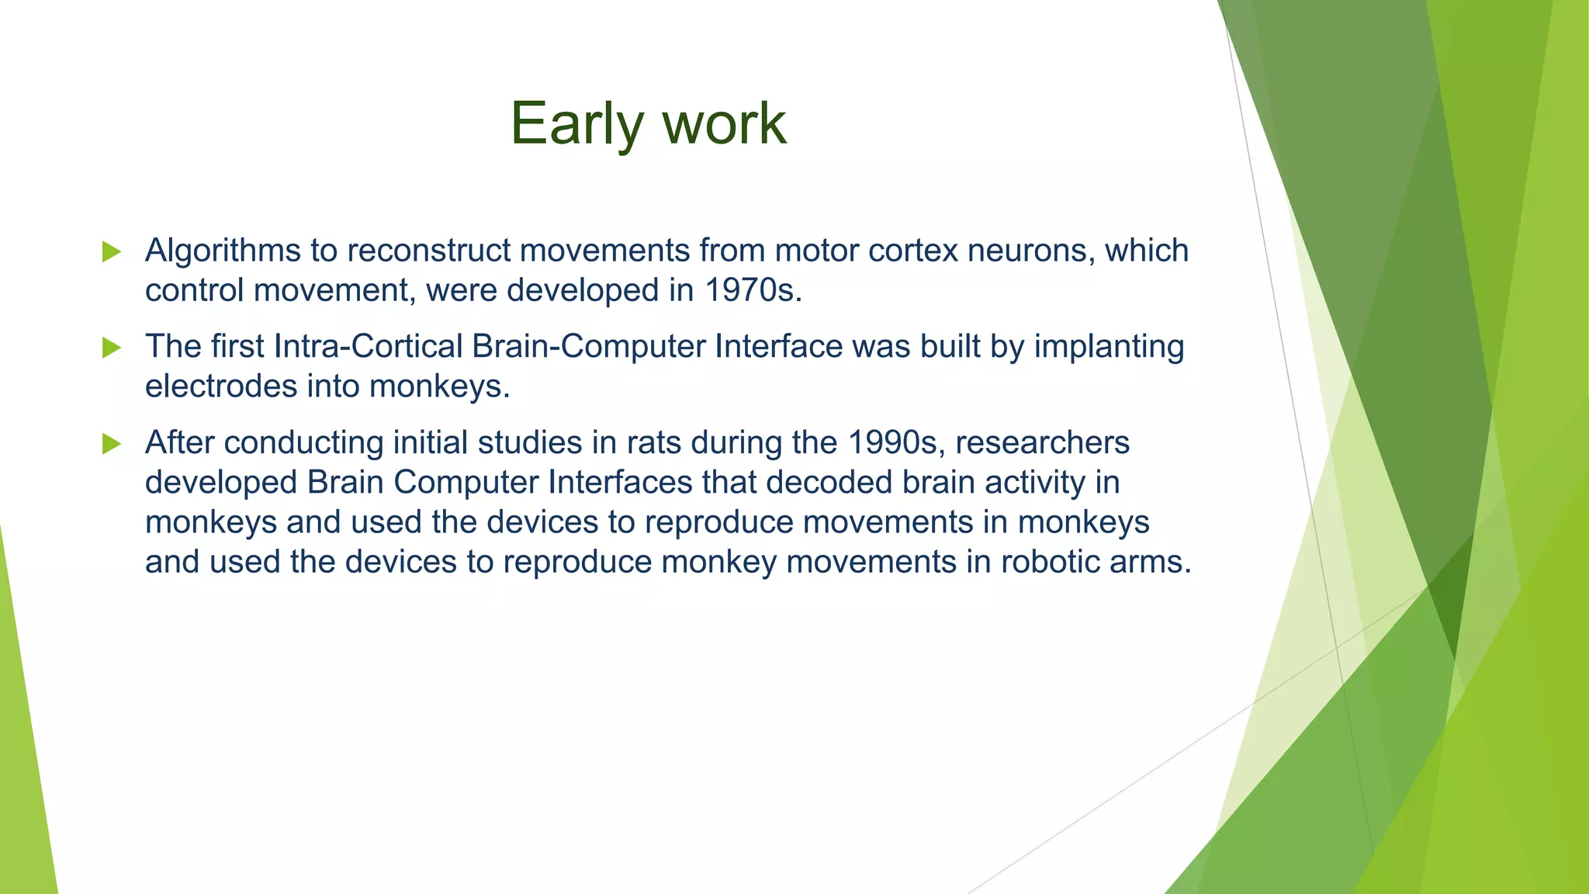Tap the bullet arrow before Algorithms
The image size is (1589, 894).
tap(112, 251)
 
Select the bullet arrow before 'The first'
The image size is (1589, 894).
tap(112, 348)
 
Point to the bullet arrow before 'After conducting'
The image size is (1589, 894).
tap(112, 444)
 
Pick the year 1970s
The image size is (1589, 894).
tap(753, 290)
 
